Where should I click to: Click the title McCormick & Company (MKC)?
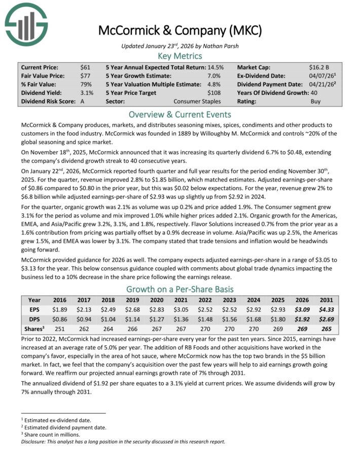pos(179,30)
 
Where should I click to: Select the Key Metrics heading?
pos(179,56)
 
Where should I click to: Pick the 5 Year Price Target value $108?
pos(215,93)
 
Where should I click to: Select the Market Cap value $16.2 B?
pos(319,67)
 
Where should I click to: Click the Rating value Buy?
pos(315,101)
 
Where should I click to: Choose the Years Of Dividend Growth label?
pos(272,93)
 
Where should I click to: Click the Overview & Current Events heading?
pos(179,115)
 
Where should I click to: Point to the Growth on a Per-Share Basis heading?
pos(179,290)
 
